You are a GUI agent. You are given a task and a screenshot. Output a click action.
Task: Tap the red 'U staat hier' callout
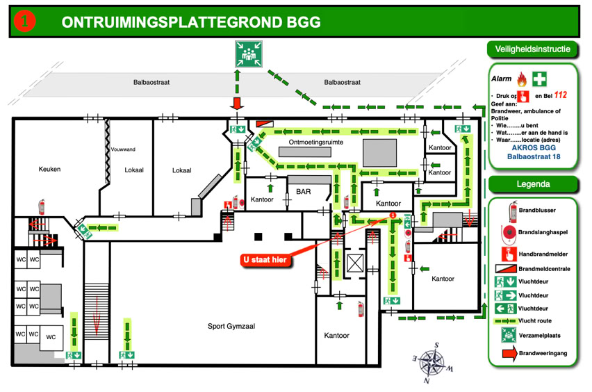pos(264,260)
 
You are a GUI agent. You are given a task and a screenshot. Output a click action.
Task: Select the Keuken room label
pos(50,169)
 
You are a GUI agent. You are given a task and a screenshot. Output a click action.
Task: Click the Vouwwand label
pos(123,149)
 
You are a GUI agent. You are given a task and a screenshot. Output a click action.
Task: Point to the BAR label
pos(304,191)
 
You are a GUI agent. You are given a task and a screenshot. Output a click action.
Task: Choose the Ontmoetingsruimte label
pos(316,142)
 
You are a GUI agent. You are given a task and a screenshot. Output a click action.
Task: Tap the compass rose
pos(431,362)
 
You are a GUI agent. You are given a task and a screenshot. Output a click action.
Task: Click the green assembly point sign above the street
pos(248,54)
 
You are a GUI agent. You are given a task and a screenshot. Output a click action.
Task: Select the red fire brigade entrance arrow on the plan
pos(238,104)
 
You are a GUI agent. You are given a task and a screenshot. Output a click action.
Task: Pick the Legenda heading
pos(533,184)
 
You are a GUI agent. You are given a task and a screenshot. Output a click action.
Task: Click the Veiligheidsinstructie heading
pos(533,49)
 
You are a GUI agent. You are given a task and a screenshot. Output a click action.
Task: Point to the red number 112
pos(561,95)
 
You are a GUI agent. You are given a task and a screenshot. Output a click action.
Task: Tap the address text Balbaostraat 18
pos(534,157)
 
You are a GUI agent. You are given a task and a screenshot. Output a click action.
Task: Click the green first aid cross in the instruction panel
pos(540,79)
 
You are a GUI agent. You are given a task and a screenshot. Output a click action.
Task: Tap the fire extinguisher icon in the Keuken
pos(42,206)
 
